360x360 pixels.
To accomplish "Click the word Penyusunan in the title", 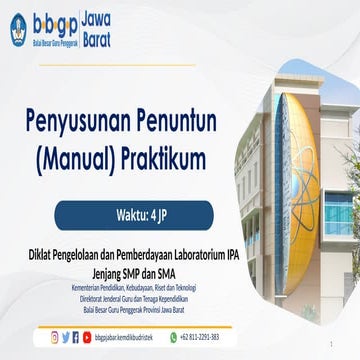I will (88, 124).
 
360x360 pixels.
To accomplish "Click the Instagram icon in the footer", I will (55, 337).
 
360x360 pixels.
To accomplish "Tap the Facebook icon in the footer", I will (66, 337).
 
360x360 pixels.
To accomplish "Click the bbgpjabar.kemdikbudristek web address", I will (129, 337).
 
